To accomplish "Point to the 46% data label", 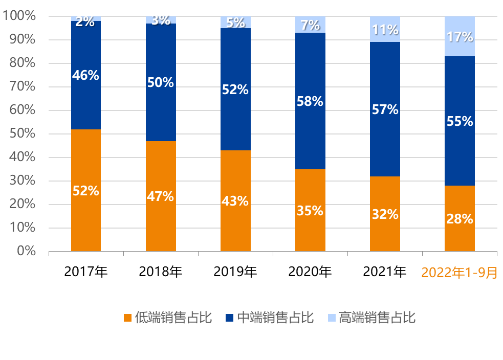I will coord(86,76).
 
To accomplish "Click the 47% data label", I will coord(161,196).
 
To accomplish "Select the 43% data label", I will coord(235,201).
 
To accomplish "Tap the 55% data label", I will coord(460,122).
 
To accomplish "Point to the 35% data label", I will coord(310,211).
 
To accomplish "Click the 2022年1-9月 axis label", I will coord(460,273).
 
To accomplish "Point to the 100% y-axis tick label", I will coord(19,16).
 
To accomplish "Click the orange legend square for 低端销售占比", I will coord(128,318).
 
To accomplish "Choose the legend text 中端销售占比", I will coord(275,318).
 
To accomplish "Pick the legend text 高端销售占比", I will coord(377,318).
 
